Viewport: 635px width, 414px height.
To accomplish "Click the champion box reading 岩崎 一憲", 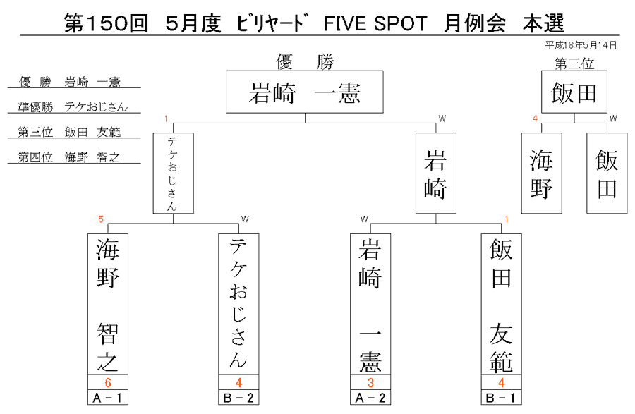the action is click(305, 92).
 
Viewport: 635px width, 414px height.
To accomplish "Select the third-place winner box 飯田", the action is click(574, 92).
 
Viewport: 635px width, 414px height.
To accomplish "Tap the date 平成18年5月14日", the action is click(581, 45).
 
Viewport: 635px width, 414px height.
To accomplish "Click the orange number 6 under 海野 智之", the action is click(108, 382).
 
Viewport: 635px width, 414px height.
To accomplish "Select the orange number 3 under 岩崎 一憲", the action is click(370, 382).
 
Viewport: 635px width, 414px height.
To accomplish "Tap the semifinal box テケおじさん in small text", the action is click(174, 173).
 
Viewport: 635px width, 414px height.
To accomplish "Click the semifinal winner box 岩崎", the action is click(436, 173).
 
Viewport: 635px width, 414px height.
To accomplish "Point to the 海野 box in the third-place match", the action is click(541, 173).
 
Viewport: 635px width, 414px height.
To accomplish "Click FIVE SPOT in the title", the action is click(375, 23).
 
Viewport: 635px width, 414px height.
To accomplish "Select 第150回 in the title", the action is click(107, 23).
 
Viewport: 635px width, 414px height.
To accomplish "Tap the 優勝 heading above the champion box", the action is click(305, 62).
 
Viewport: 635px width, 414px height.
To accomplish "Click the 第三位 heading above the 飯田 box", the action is click(574, 63).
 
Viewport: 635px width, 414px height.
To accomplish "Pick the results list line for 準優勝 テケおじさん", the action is click(73, 106).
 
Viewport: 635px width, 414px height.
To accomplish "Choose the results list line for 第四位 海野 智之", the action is click(68, 157).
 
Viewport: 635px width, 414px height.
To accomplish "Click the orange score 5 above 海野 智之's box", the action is click(101, 219).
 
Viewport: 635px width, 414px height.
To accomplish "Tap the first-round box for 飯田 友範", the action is click(502, 304).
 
